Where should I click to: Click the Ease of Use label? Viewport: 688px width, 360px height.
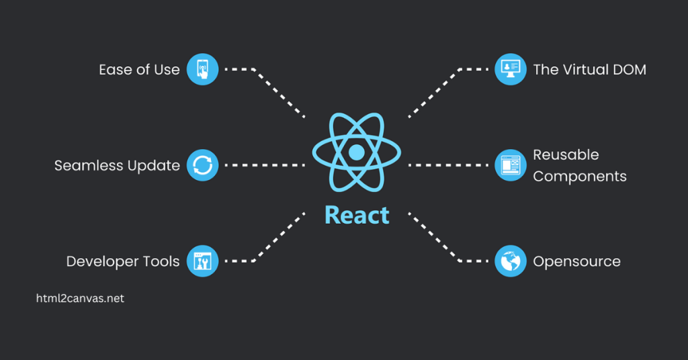click(139, 69)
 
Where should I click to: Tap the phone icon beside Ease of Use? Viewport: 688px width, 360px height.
click(202, 69)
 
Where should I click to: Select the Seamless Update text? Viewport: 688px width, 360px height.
click(117, 165)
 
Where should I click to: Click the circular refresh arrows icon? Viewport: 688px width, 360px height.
click(202, 165)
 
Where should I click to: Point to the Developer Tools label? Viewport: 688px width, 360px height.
click(122, 261)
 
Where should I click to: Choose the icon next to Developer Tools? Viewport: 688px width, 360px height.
click(202, 261)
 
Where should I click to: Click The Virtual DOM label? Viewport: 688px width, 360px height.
click(589, 69)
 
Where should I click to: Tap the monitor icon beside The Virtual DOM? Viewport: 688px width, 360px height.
click(511, 69)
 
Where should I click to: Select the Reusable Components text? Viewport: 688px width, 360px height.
click(579, 165)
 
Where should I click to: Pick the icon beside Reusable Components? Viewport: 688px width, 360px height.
click(511, 165)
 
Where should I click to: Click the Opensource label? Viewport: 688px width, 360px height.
click(576, 261)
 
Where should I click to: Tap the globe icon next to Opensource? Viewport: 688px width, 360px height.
click(511, 261)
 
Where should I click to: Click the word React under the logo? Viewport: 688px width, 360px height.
click(357, 215)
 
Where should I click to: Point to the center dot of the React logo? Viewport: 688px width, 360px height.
click(357, 152)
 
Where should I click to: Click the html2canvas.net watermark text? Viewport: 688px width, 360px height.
click(80, 299)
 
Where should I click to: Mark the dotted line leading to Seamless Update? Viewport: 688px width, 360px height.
click(265, 165)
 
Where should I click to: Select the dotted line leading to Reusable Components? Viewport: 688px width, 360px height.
click(448, 165)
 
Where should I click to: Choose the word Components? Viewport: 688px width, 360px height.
click(579, 177)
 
